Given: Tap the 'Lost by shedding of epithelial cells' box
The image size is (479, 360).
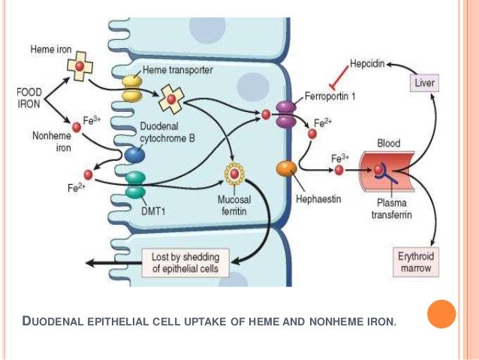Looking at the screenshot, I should [185, 262].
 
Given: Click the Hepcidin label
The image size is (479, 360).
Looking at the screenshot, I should [366, 65].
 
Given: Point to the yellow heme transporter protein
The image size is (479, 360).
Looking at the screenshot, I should [133, 86].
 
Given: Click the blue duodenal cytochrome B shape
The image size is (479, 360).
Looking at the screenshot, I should [134, 155].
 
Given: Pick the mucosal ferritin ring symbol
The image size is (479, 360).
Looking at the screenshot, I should [235, 175].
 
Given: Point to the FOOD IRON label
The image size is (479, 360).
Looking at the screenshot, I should [29, 98].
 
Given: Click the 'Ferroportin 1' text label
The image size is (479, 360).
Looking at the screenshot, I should [331, 97].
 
